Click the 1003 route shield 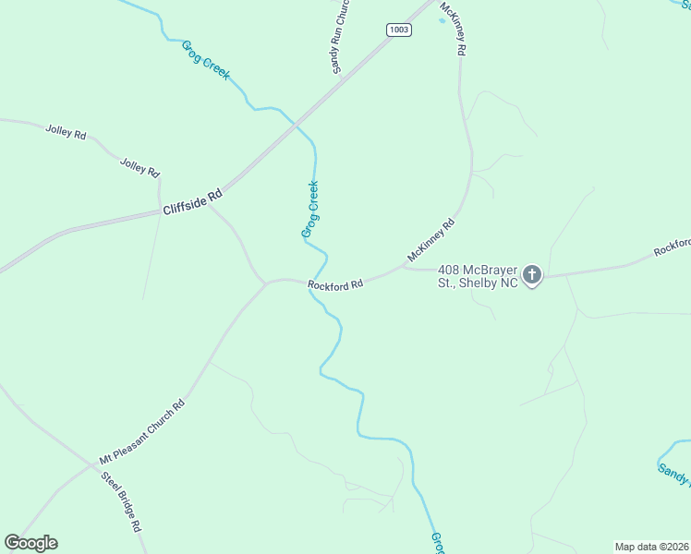(399, 30)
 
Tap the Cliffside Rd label (193, 202)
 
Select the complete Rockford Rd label (334, 285)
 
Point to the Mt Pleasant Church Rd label (142, 431)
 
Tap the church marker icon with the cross (532, 275)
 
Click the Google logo (30, 543)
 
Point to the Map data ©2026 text (650, 547)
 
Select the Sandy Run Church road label (340, 37)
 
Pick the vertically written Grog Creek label (311, 210)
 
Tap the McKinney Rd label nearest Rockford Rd (431, 240)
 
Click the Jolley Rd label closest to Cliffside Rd (139, 167)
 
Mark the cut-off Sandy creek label (673, 475)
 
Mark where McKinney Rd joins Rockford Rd (404, 268)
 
